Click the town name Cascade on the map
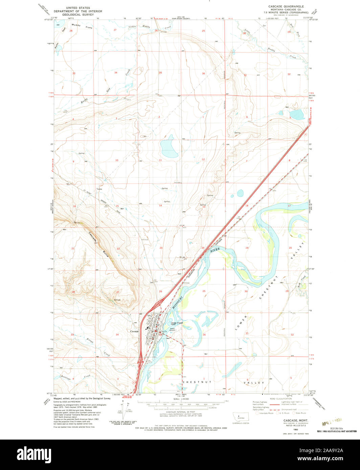click(134, 331)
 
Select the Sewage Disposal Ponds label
click(177, 324)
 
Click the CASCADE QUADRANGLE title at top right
click(286, 6)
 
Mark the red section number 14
click(160, 206)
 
